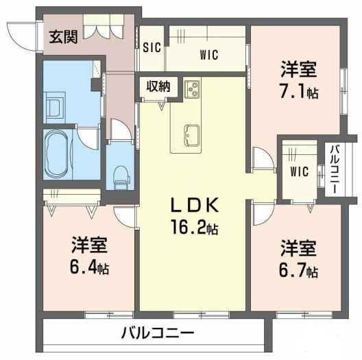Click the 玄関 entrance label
(64, 37)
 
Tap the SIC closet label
(152, 47)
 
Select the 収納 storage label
(158, 86)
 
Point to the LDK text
(195, 205)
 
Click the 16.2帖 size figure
(195, 227)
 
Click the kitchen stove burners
(191, 89)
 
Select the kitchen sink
(191, 136)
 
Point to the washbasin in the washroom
(54, 108)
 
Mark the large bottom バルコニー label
(158, 333)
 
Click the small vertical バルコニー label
(335, 169)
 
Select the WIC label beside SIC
(209, 55)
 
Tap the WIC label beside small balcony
(300, 171)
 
